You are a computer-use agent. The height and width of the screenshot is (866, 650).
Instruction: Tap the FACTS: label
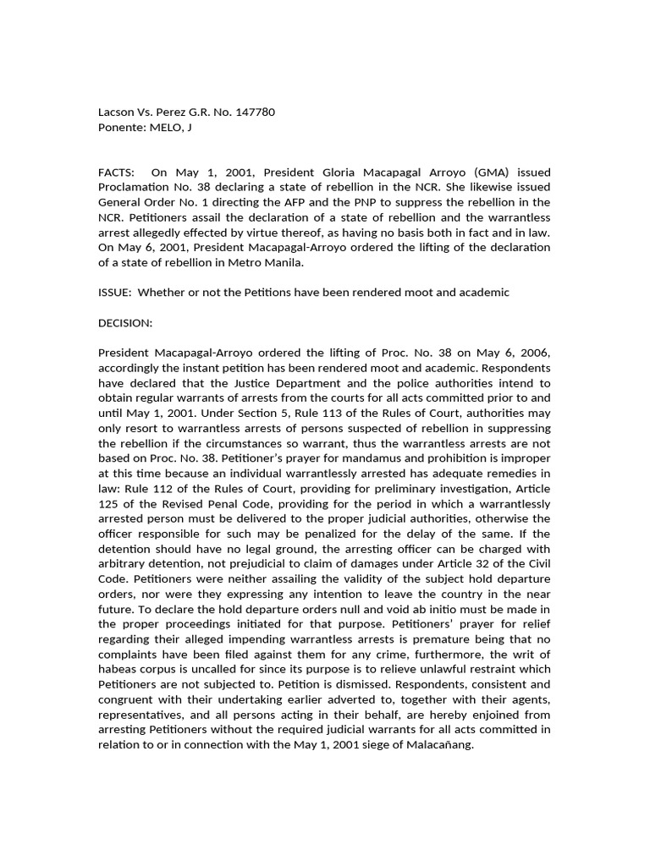point(118,173)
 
